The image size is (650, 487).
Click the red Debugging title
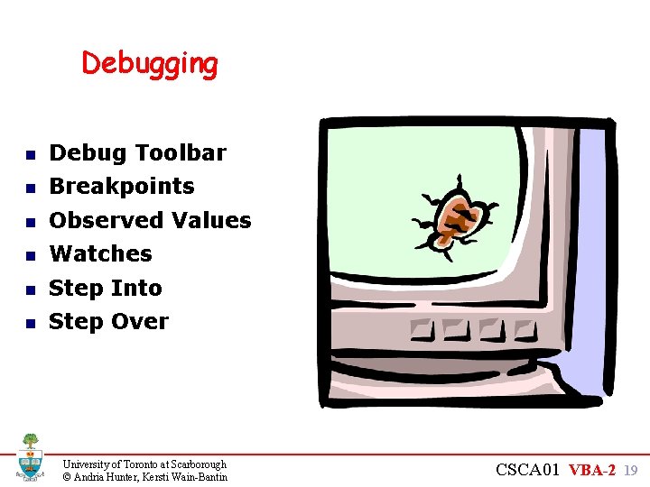[150, 64]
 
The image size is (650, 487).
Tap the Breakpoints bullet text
[122, 187]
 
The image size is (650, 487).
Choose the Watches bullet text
[100, 253]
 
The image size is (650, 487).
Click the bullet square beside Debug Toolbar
[30, 155]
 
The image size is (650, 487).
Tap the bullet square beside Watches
[30, 256]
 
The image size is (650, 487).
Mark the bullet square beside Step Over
[30, 323]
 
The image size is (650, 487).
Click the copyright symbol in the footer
[67, 477]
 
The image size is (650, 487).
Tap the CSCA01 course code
[528, 470]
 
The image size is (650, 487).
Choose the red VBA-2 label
[592, 470]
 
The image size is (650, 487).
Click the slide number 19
[631, 470]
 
